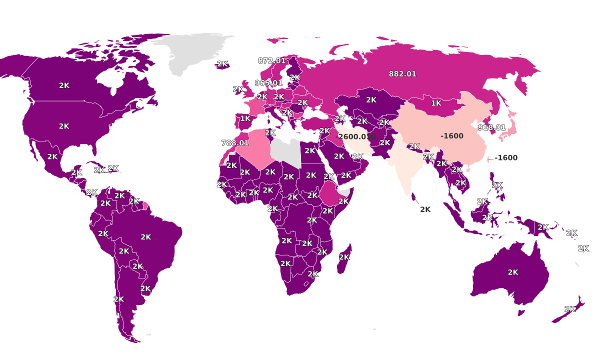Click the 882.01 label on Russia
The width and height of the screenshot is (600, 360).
[x=402, y=74]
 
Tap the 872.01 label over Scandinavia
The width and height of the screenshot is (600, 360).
[x=271, y=61]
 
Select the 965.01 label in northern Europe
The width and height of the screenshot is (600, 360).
[x=268, y=83]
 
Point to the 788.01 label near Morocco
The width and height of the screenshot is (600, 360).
[x=235, y=143]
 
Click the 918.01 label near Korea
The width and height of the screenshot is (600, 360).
[x=491, y=127]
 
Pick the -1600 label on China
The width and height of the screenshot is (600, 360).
[x=452, y=136]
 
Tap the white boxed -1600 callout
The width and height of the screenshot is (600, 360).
[x=505, y=158]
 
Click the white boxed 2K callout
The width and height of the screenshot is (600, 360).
[x=425, y=209]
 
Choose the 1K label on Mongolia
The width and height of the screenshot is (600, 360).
[x=436, y=103]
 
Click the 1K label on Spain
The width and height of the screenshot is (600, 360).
[x=245, y=118]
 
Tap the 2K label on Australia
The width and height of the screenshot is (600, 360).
[x=513, y=272]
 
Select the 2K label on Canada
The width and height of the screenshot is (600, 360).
[x=64, y=85]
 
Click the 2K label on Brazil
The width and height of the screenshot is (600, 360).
[x=146, y=237]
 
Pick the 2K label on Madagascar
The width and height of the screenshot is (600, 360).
[x=344, y=257]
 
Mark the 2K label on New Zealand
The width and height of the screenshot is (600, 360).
[x=569, y=309]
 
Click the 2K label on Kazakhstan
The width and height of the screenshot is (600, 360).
[x=371, y=100]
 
